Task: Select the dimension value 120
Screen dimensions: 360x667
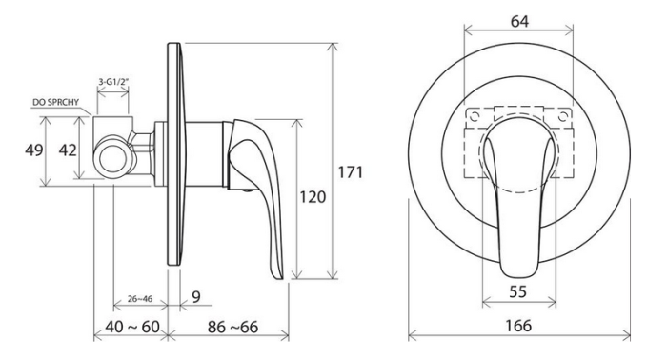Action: point(314,196)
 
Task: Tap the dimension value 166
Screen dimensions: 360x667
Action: point(519,328)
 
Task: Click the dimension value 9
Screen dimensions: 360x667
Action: point(194,297)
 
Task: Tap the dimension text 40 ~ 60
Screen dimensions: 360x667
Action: point(130,328)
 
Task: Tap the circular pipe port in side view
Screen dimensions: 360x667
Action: point(114,156)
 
